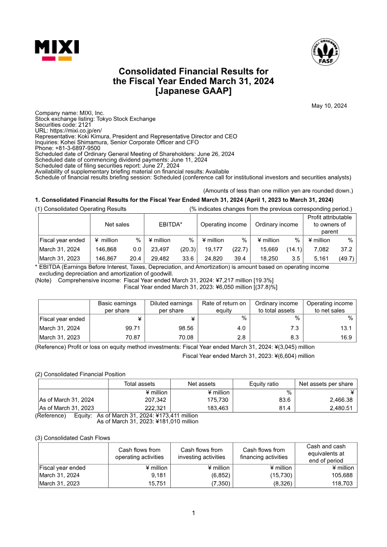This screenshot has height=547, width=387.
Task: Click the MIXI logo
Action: (x=57, y=50)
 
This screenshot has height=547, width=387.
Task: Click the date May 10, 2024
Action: (x=329, y=106)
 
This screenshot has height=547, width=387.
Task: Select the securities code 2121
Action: (x=84, y=125)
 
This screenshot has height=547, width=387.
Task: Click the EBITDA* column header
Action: (x=171, y=224)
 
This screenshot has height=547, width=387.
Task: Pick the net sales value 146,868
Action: (x=106, y=250)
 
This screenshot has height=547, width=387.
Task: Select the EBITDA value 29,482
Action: (x=160, y=259)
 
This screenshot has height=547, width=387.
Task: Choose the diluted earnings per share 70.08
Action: (x=185, y=337)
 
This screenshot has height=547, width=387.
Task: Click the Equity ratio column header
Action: (x=264, y=384)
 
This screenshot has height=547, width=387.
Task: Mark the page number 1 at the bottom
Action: (x=193, y=513)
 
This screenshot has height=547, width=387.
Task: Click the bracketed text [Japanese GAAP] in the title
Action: (x=193, y=91)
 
